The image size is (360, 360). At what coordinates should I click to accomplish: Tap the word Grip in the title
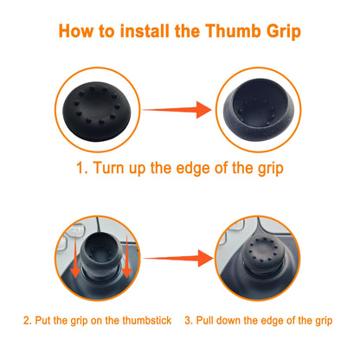click(x=284, y=32)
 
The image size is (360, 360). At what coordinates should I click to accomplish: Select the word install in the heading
click(x=145, y=31)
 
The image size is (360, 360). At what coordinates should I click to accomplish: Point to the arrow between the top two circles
click(x=177, y=110)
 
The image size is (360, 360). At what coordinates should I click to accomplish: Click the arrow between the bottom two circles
click(x=178, y=258)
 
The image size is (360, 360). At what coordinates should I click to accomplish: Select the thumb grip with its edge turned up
click(x=259, y=110)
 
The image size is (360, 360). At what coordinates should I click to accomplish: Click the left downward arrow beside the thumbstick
click(x=75, y=256)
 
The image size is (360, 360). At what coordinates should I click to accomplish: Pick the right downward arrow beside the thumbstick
click(x=126, y=256)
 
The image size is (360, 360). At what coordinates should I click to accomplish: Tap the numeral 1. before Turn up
click(x=81, y=168)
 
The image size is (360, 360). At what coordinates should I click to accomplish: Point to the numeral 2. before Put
click(x=28, y=320)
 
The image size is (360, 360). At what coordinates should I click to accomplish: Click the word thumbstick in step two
click(x=147, y=320)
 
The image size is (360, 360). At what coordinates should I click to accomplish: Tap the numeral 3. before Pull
click(x=189, y=320)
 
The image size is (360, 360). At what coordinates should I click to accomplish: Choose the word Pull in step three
click(x=204, y=320)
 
